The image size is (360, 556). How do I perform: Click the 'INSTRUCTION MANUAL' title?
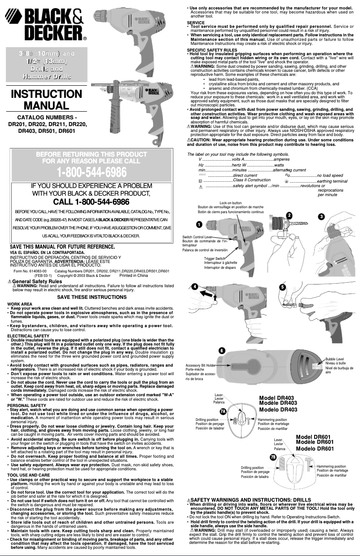click(46, 100)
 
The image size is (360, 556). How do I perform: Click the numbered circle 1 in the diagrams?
click(198, 223)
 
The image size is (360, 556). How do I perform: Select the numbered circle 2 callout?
click(289, 215)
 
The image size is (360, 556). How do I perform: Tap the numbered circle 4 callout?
click(194, 286)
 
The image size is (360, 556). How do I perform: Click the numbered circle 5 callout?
click(282, 287)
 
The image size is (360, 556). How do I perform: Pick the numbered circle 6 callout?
click(221, 350)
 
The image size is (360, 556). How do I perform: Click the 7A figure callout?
click(223, 411)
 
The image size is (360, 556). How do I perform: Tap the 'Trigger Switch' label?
click(215, 258)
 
